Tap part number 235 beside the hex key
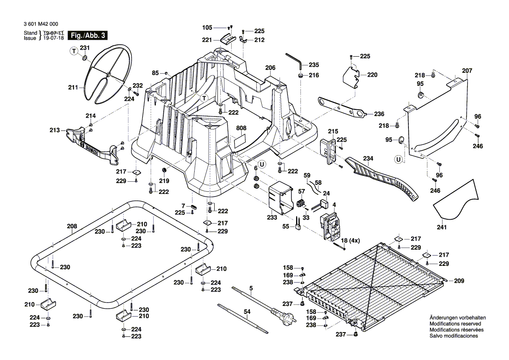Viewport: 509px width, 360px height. click(x=313, y=65)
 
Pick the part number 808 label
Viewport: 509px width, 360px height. click(x=241, y=129)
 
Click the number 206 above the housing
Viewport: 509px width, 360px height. click(x=270, y=68)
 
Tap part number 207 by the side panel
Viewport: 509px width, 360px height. click(x=467, y=71)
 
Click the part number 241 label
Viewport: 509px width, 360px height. click(x=442, y=227)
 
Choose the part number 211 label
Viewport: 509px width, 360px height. click(x=73, y=88)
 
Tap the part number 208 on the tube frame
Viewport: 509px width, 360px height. click(x=72, y=226)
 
